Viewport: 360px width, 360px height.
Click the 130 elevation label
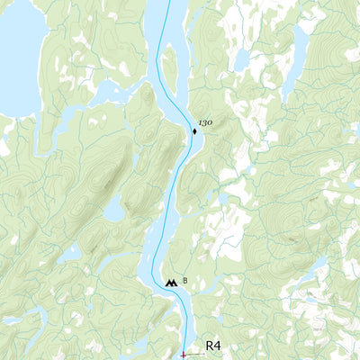(206, 121)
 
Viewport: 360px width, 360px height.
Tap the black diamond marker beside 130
(194, 131)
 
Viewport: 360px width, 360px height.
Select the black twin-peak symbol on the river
(171, 283)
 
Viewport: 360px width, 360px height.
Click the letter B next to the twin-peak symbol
(185, 281)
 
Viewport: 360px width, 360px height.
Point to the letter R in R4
(210, 346)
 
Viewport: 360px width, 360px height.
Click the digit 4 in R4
(219, 346)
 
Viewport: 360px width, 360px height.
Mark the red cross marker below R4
(184, 356)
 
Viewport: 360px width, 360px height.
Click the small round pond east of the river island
(241, 61)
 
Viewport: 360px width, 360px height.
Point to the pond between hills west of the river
(113, 211)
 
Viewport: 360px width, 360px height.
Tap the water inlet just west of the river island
(144, 90)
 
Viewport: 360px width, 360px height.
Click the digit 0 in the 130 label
(211, 121)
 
